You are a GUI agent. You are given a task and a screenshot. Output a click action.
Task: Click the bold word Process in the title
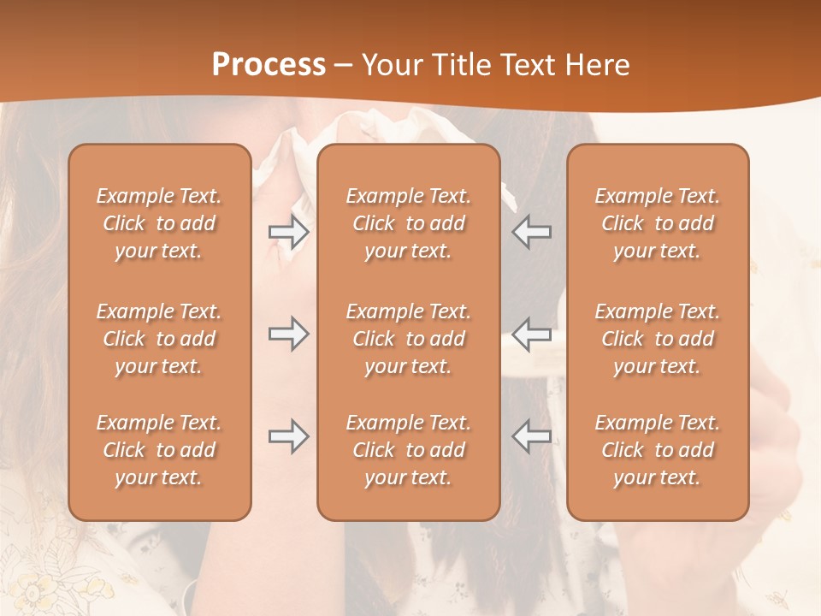coord(269,65)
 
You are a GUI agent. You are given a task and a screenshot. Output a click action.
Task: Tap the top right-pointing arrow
coord(289,232)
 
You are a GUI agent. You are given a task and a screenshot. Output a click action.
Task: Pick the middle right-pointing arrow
coord(289,334)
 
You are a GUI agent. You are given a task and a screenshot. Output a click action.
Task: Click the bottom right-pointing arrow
coord(289,436)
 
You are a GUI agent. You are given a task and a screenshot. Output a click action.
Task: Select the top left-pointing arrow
coord(531,232)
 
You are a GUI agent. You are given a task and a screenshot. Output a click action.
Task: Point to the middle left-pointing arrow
coord(531,334)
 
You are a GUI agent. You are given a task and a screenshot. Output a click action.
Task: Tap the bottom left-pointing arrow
coord(531,436)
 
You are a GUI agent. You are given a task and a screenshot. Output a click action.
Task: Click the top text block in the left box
coord(159,223)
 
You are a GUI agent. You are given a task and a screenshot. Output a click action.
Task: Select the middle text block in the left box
coord(159,339)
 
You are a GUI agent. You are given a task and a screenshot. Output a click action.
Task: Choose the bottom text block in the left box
coord(159,450)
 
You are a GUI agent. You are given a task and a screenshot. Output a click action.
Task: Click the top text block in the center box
coord(408,223)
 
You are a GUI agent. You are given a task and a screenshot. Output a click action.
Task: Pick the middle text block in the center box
coord(408,339)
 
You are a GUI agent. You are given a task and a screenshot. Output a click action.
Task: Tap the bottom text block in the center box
coord(408,450)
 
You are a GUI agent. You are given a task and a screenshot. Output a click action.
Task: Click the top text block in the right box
coord(657,223)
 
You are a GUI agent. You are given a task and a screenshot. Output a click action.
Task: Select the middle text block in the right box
coord(657,339)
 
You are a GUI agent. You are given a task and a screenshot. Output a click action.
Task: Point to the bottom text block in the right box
coord(657,450)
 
